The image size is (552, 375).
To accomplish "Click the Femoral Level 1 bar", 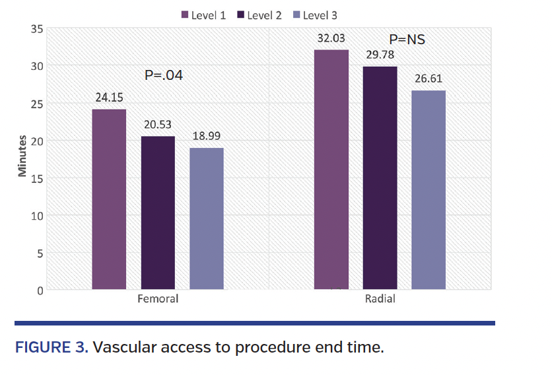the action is (x=109, y=199).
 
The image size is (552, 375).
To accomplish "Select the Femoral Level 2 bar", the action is (x=158, y=213).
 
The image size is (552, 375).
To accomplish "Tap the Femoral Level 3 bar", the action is (x=207, y=219).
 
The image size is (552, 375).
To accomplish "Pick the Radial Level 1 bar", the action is (x=331, y=170).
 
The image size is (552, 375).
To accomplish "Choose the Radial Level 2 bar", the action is (x=380, y=178).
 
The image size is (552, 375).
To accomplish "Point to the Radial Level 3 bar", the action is (x=429, y=190).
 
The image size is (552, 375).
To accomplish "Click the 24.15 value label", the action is (x=109, y=98).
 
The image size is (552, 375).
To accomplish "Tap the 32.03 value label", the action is (x=331, y=38).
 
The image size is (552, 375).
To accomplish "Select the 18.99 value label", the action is (x=207, y=136).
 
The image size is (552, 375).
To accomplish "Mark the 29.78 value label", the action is (x=380, y=55).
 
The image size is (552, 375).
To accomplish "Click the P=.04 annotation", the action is (x=164, y=75).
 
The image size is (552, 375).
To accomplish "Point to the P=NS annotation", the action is (x=407, y=39).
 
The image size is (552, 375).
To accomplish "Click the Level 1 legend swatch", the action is (x=185, y=15).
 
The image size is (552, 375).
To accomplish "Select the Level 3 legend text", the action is (x=320, y=15).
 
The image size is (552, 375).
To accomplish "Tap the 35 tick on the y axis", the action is (x=37, y=29).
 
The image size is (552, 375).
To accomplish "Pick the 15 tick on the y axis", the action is (x=37, y=179).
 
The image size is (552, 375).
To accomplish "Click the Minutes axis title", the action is (x=22, y=156).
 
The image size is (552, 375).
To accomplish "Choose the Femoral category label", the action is (x=158, y=298).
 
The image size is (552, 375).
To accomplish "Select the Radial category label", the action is (x=380, y=298).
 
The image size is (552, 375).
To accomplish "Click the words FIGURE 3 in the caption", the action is (x=52, y=347).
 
